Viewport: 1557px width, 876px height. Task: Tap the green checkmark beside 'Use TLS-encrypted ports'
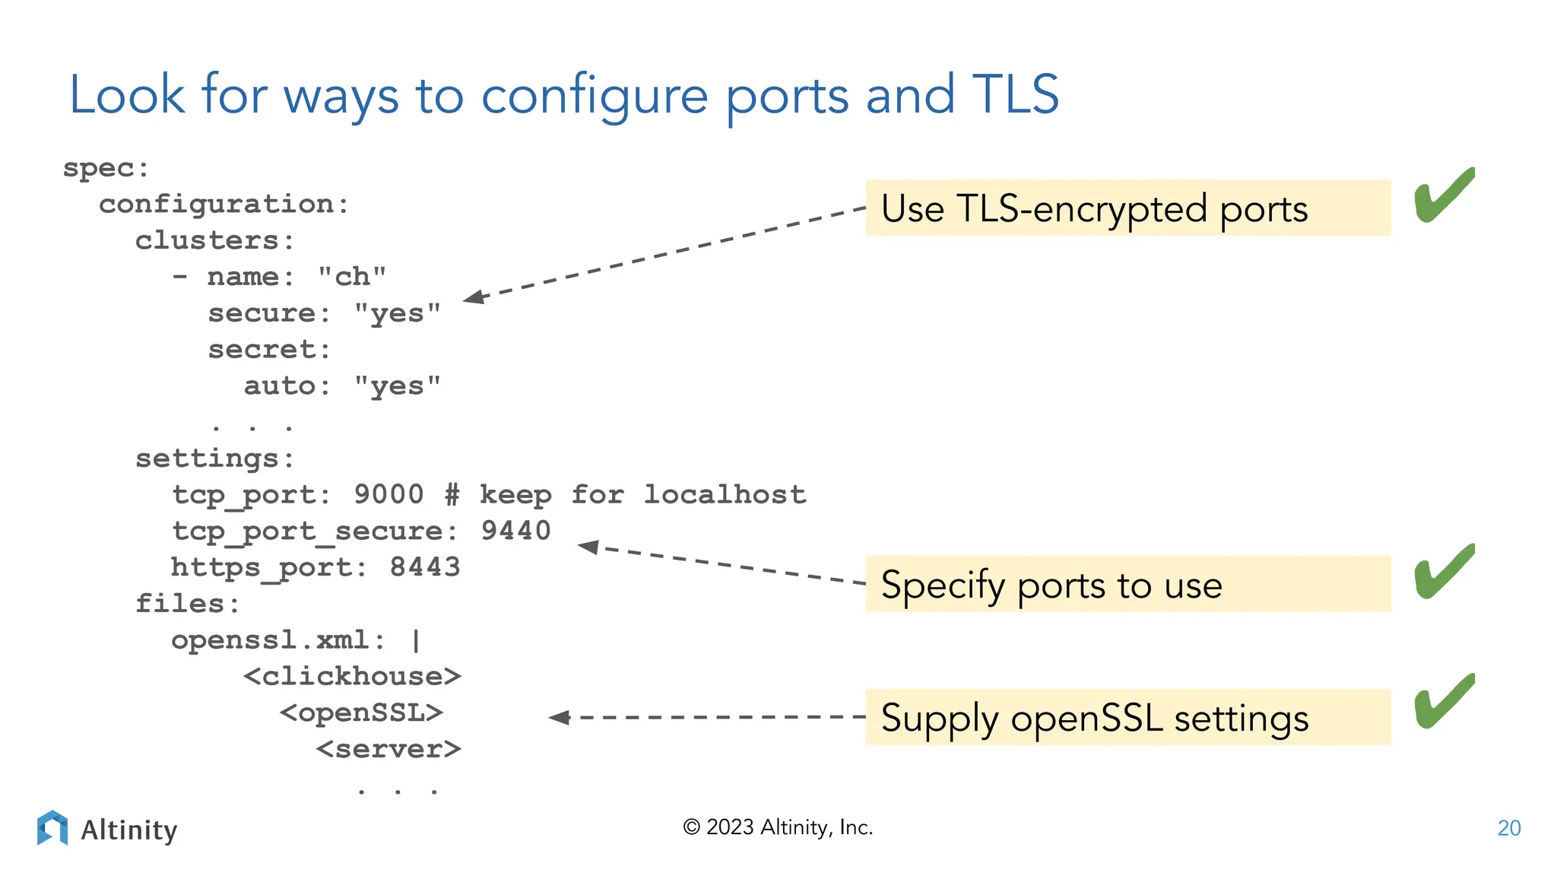tap(1443, 195)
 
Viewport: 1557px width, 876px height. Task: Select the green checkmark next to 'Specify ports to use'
tap(1443, 572)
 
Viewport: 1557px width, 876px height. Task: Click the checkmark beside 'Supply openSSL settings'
tap(1443, 702)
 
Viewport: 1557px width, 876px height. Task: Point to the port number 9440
tap(515, 531)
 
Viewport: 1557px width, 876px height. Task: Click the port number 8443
tap(425, 567)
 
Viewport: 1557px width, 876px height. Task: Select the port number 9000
tap(388, 495)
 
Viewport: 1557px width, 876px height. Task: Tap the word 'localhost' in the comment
tap(725, 495)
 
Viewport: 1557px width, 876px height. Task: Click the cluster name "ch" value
tap(352, 277)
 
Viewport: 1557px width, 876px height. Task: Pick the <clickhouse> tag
tap(352, 676)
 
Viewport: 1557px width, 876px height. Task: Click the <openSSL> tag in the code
tap(361, 713)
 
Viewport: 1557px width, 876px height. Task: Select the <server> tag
tap(388, 749)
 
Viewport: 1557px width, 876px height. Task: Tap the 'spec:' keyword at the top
tap(106, 168)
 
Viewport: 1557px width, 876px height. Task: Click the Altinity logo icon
tap(52, 828)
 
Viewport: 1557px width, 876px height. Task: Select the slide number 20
tap(1508, 828)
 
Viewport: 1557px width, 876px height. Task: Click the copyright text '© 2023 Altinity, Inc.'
tap(778, 827)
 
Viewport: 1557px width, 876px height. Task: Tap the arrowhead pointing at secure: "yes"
tap(474, 297)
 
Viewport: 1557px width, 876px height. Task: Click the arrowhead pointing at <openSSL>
tap(560, 717)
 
